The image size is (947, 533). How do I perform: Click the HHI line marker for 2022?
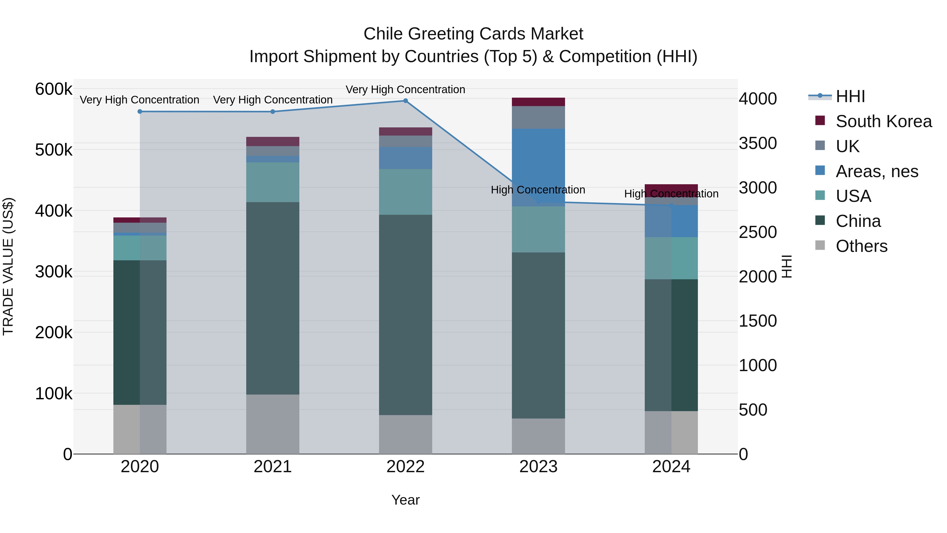[405, 101]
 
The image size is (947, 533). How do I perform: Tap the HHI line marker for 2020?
[140, 111]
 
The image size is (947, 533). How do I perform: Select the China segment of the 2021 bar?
[273, 298]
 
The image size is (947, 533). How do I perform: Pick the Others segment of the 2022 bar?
[405, 434]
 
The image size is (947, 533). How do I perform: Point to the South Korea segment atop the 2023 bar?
[538, 102]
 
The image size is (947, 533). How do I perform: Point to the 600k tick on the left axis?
[54, 89]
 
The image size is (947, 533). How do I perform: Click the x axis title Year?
[405, 500]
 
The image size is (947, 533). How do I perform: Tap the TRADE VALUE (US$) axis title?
[8, 266]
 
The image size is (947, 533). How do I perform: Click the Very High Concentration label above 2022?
[405, 89]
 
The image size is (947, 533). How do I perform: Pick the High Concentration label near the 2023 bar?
[538, 190]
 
